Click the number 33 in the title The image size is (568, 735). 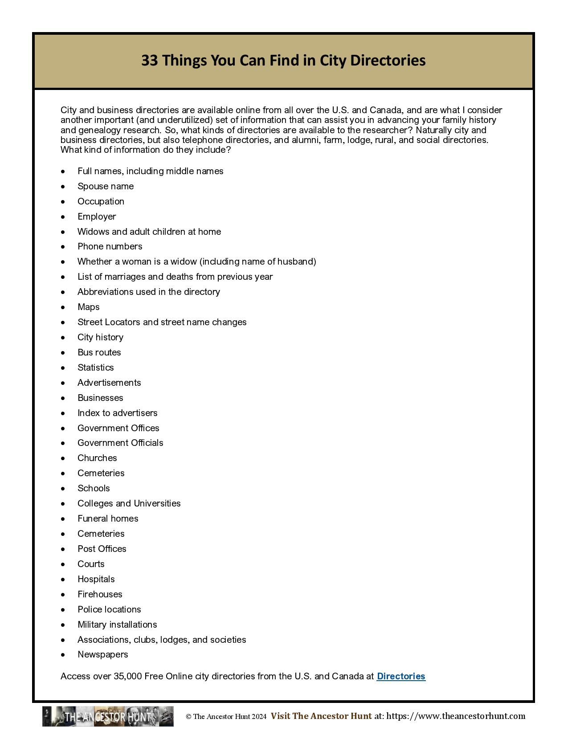point(150,60)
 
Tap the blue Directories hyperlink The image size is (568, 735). point(401,676)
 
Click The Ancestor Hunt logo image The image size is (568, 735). point(108,716)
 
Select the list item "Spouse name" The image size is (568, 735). point(106,186)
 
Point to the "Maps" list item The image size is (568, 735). point(89,307)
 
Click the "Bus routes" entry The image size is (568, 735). point(99,352)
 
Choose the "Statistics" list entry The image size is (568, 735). point(96,367)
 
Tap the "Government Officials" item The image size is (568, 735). point(120,443)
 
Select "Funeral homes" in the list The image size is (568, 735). point(108,519)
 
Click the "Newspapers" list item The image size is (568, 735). point(103,654)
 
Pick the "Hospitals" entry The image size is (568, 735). point(96,579)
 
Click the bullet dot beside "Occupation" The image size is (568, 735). point(64,202)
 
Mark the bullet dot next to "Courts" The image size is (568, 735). point(64,564)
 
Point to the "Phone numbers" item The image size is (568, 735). point(110,246)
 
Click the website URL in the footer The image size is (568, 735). point(456,716)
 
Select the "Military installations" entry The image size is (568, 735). point(117,625)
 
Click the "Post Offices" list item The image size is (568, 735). point(102,549)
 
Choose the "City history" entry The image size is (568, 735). point(101,337)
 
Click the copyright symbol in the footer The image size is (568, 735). point(188,717)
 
